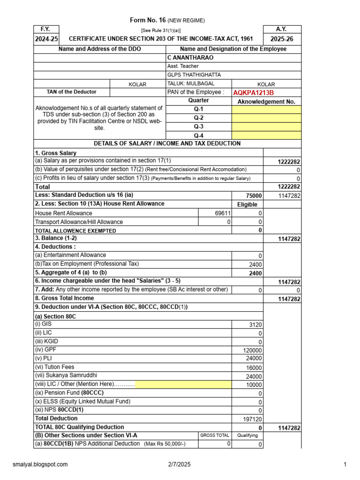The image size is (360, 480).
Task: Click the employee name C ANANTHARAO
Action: tap(190, 58)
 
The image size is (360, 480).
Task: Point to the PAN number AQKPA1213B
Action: tap(253, 92)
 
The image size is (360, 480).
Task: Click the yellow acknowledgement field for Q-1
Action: tap(266, 110)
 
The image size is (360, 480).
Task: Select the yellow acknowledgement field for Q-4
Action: tap(266, 135)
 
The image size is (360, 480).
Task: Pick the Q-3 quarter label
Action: tap(199, 127)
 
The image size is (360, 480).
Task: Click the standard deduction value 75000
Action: tap(254, 196)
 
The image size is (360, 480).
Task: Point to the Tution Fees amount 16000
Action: tap(254, 368)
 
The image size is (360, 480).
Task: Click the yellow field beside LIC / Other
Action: tap(183, 385)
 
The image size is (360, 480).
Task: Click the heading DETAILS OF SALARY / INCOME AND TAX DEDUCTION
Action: tap(167, 144)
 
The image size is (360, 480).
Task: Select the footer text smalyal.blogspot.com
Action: tap(40, 465)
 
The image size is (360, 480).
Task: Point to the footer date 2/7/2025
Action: tap(180, 465)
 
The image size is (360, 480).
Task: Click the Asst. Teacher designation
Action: tap(183, 67)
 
